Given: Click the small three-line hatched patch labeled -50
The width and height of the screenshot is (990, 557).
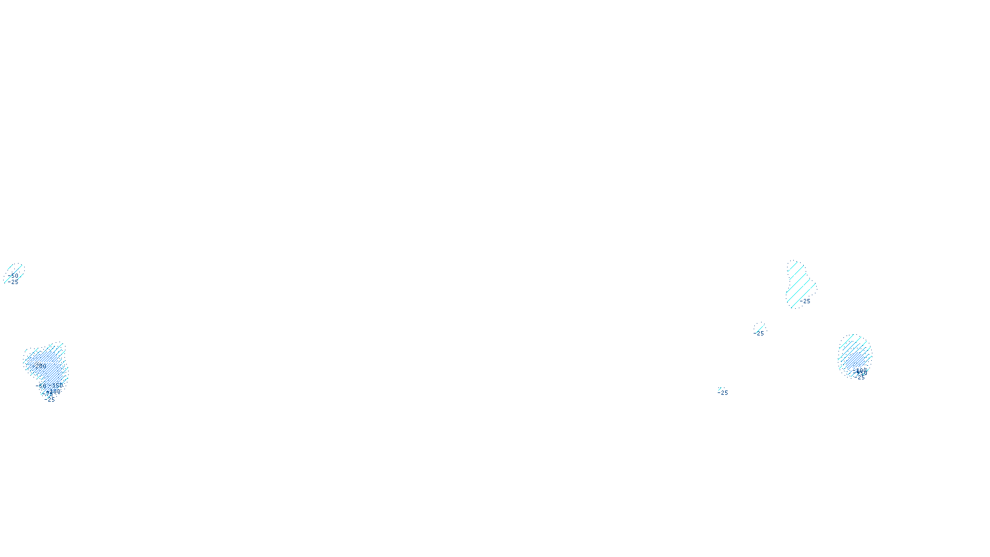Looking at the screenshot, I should [14, 273].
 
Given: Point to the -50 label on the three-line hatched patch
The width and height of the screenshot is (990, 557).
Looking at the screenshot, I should [14, 276].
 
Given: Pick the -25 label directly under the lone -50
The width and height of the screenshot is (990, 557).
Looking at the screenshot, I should [14, 282].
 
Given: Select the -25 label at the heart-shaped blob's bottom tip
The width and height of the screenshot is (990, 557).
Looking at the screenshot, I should [50, 400].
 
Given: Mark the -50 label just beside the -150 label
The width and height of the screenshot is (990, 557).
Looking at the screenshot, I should [41, 386].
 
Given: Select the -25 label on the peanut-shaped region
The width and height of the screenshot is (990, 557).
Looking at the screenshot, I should [805, 301].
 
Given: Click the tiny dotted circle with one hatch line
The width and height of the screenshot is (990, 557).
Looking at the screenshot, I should [759, 327].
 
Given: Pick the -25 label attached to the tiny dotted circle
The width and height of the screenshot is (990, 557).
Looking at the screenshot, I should [759, 334].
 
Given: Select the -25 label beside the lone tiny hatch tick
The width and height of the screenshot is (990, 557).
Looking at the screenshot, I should [723, 393].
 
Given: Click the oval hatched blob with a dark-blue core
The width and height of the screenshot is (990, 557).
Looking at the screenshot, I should [854, 354].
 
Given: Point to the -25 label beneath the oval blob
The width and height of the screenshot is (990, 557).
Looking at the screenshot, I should [861, 378].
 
